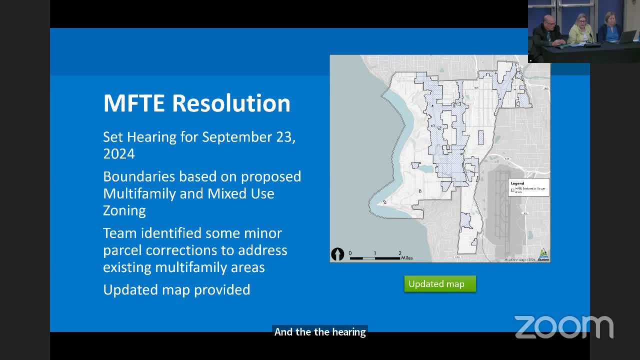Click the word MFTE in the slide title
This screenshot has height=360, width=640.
coord(134,103)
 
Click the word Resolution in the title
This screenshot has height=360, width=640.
coord(231,103)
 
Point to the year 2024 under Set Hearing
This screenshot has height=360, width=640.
coord(119,154)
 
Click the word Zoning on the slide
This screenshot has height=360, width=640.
coord(124,210)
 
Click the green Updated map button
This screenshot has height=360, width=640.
coord(440,284)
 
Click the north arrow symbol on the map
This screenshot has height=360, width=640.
coord(337,254)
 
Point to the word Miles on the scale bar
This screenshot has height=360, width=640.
coord(407,258)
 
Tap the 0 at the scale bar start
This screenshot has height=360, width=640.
coord(350,253)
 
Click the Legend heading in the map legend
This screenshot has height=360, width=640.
coord(517,183)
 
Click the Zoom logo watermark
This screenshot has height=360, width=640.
coord(564,327)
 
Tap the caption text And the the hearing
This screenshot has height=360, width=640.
coord(320,332)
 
